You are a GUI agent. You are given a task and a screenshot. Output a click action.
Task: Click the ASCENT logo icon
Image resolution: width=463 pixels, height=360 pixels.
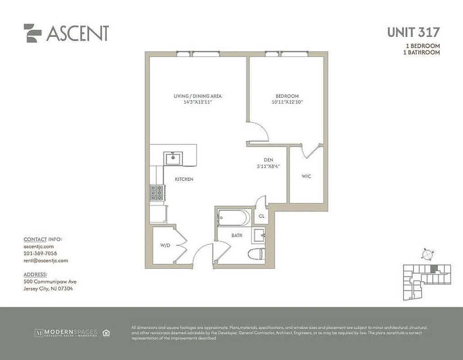click(x=32, y=33)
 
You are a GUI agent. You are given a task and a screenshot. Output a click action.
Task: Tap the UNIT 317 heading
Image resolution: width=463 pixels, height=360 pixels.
click(x=413, y=32)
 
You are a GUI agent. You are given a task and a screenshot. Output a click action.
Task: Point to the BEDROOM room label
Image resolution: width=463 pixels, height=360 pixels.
click(x=287, y=96)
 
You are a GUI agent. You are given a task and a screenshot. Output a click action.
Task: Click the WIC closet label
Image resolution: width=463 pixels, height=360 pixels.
click(x=306, y=176)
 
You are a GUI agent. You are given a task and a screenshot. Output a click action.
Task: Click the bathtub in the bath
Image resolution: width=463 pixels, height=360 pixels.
click(x=233, y=218)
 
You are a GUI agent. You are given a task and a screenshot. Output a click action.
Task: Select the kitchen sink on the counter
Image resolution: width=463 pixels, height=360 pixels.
click(x=173, y=158)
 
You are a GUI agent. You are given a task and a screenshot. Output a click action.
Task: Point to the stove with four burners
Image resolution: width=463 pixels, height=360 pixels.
click(x=158, y=193)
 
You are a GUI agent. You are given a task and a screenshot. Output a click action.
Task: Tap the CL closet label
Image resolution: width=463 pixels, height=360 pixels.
click(x=261, y=216)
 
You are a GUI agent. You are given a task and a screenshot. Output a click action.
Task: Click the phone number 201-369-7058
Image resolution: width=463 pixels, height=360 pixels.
click(x=40, y=253)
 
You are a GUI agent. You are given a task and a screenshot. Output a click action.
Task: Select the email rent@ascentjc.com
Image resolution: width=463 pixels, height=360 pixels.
click(x=45, y=260)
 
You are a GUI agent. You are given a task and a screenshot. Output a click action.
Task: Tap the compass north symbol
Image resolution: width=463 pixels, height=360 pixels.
click(x=427, y=254)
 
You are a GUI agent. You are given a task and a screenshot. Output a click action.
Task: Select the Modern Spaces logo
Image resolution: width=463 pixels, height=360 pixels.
click(x=66, y=333)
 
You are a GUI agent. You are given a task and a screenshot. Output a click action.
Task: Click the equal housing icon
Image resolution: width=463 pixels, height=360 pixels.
click(x=106, y=333)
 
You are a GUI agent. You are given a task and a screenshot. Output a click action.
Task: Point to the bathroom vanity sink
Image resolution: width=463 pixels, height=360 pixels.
click(x=259, y=235)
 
